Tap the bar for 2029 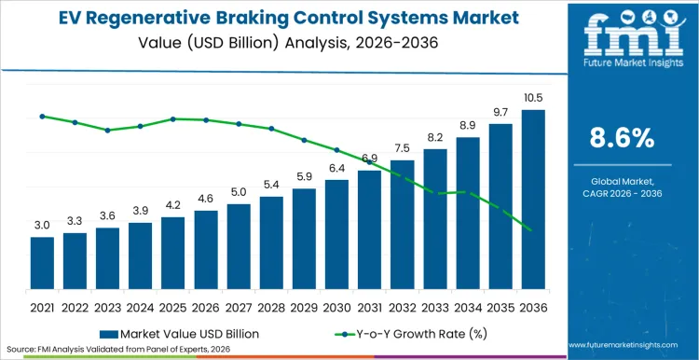pos(304,238)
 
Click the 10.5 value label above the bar pos(533,99)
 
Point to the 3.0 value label pos(42,226)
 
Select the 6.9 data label pos(369,159)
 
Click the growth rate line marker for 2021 pos(42,117)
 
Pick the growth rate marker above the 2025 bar pos(173,118)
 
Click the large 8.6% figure pos(622,138)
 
